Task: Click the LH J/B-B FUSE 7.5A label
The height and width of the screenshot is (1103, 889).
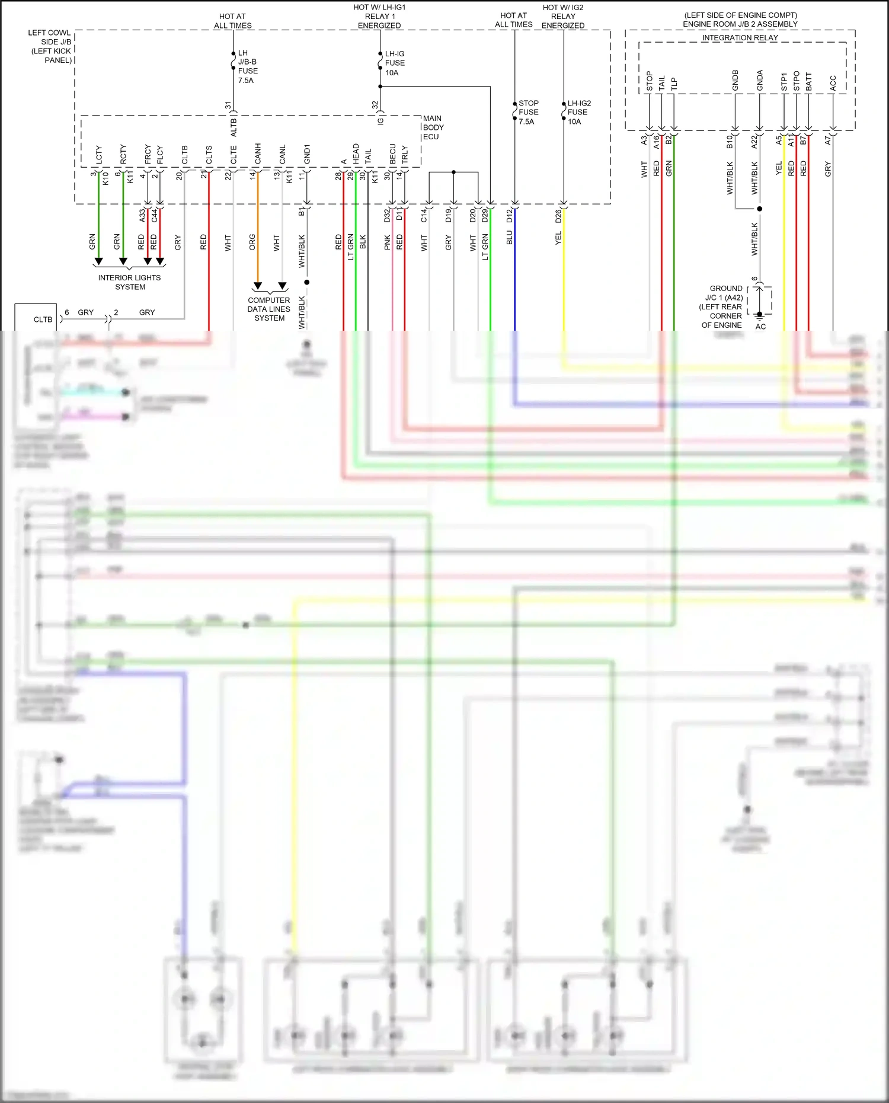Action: point(247,66)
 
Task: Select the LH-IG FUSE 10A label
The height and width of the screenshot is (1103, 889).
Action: point(395,63)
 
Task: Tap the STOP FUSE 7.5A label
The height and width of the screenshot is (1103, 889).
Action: point(528,112)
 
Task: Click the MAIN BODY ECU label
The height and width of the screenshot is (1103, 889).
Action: point(433,127)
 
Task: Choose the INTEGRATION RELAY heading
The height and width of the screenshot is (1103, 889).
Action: point(740,37)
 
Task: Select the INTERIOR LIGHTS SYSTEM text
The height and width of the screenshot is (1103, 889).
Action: point(129,282)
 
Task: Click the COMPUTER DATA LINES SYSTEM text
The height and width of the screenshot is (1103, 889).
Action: point(269,309)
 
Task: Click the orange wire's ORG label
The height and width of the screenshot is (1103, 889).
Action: point(252,241)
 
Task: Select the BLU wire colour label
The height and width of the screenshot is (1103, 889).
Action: point(510,238)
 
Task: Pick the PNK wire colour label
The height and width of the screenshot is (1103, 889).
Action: point(388,242)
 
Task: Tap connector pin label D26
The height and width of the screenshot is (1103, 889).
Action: point(558,216)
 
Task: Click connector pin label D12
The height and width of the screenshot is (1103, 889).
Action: point(510,216)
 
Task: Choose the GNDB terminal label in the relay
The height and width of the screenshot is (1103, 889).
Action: point(735,81)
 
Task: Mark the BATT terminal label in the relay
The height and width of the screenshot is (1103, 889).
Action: point(809,82)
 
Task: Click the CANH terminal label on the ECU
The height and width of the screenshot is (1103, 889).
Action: point(258,154)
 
